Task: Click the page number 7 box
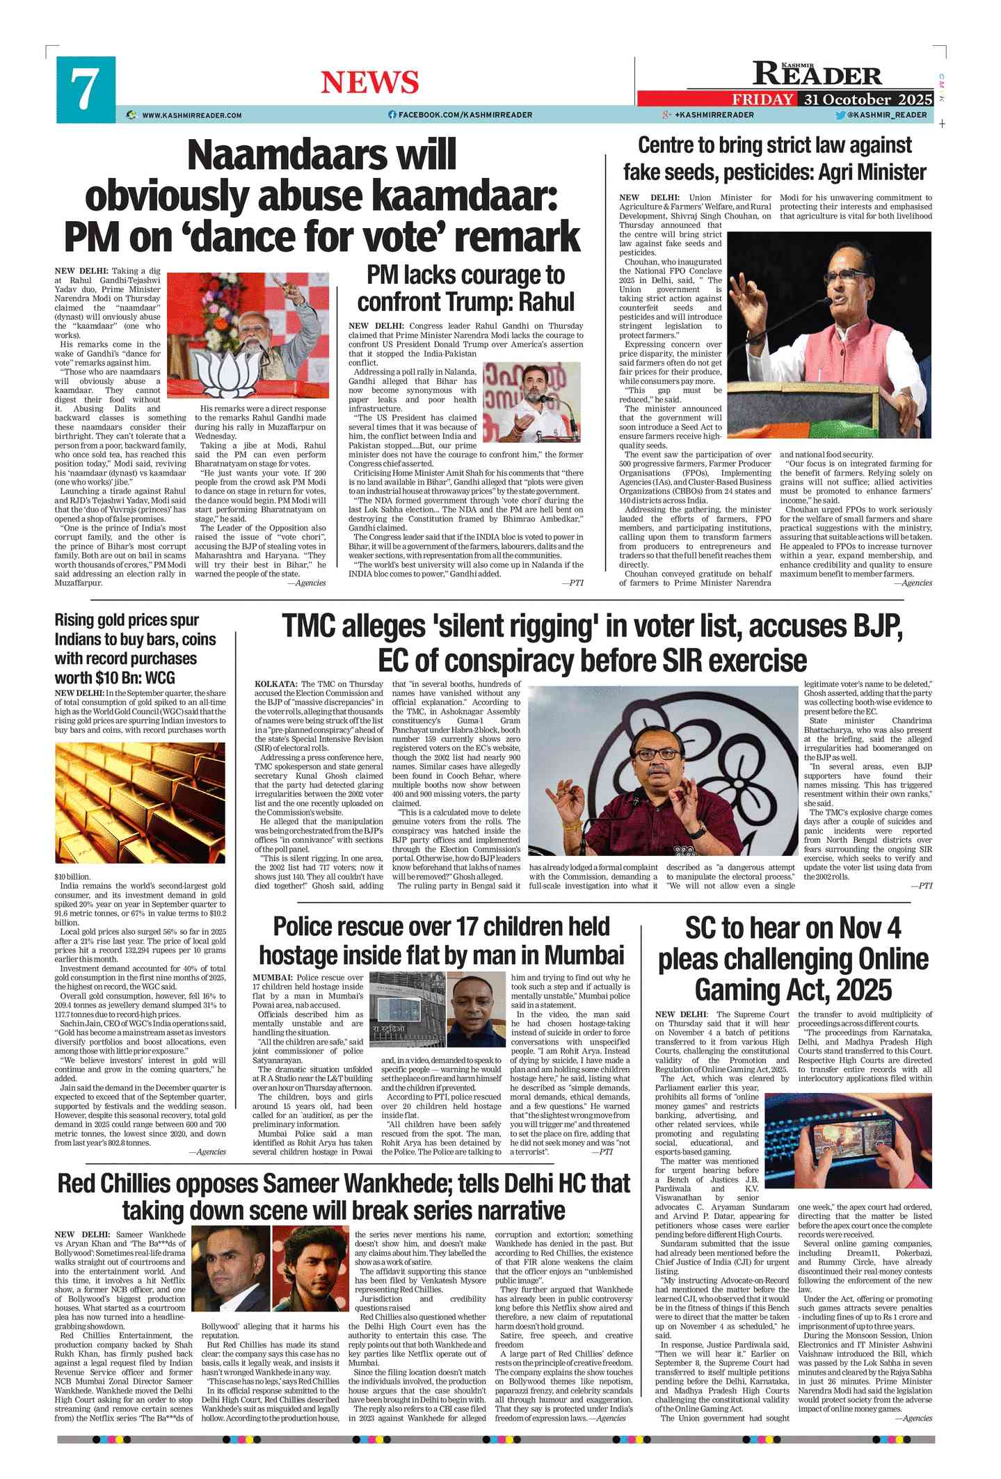(86, 90)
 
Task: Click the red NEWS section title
(369, 83)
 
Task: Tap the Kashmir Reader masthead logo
(817, 74)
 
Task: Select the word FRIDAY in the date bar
(762, 99)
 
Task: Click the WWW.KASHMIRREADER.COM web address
(192, 115)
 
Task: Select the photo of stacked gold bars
(141, 802)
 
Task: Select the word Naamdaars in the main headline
(322, 155)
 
